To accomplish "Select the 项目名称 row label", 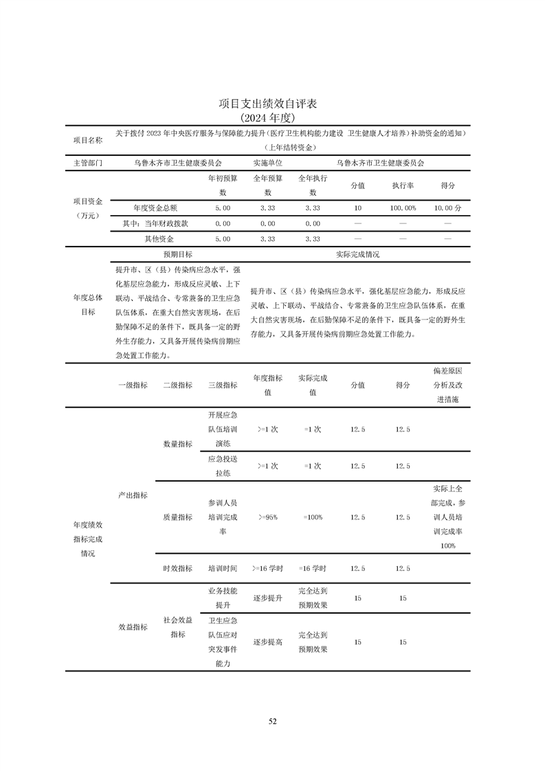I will pos(87,139).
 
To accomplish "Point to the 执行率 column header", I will pos(403,186).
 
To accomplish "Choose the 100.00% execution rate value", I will pos(403,207).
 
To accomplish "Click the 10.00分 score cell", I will pos(447,207).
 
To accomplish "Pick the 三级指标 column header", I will pos(223,385).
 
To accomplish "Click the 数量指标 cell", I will pos(177,444).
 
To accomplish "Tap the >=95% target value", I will pos(267,517).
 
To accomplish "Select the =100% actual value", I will pos(313,517).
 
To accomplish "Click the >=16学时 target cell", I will pos(267,568).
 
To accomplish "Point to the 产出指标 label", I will pos(133,495).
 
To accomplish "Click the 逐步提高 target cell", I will pos(267,642).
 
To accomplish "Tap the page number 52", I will pos(272,721).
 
